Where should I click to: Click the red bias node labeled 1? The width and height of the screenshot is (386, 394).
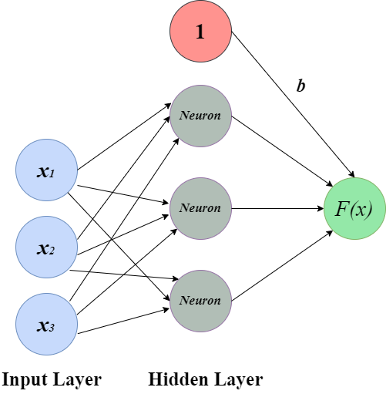click(x=200, y=32)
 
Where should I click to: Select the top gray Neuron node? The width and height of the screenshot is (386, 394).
click(x=200, y=116)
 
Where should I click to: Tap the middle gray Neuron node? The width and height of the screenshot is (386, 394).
click(x=200, y=208)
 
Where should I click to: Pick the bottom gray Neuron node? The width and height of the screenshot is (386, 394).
click(x=200, y=301)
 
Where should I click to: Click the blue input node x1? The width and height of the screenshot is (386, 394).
click(x=46, y=170)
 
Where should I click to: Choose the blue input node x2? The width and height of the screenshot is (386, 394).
click(x=46, y=248)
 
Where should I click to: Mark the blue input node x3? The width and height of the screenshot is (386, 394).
click(x=46, y=325)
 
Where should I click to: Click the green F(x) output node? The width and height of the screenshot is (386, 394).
click(x=354, y=208)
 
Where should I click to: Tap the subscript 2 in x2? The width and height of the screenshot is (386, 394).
click(x=52, y=251)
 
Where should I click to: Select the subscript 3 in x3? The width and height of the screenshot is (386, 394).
click(x=52, y=328)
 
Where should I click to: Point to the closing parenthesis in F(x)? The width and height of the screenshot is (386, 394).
click(x=369, y=209)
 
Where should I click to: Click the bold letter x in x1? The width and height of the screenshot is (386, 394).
click(x=42, y=171)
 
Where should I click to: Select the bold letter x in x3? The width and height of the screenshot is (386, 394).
click(x=42, y=325)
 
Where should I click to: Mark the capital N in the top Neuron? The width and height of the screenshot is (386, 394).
click(x=183, y=116)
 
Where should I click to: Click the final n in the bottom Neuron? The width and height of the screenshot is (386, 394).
click(x=217, y=301)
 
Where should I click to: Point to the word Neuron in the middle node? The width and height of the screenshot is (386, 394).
click(x=200, y=208)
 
